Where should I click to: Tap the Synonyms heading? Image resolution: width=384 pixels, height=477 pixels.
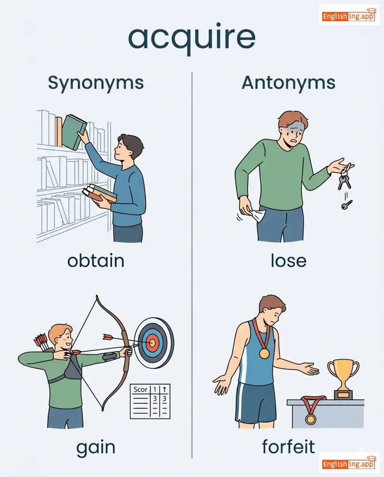[96, 83]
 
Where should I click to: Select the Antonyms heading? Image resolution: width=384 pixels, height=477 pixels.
[289, 83]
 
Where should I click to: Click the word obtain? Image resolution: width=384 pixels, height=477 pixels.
[96, 261]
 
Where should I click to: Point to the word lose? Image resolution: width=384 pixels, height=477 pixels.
[289, 261]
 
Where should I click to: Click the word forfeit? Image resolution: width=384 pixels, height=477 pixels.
[288, 447]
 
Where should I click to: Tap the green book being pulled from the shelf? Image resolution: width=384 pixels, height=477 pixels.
[74, 132]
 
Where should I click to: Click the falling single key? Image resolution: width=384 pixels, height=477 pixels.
[346, 205]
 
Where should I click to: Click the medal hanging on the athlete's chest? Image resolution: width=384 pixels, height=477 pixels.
[264, 353]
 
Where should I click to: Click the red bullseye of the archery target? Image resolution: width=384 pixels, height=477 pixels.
[152, 343]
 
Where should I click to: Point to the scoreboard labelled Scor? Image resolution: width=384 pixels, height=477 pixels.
[150, 401]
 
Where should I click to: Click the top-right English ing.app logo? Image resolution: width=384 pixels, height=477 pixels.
[349, 15]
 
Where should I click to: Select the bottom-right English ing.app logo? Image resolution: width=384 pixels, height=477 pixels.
[349, 463]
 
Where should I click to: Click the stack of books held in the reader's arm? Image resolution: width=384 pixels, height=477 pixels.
[100, 193]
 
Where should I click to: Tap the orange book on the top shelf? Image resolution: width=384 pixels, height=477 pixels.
[59, 131]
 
